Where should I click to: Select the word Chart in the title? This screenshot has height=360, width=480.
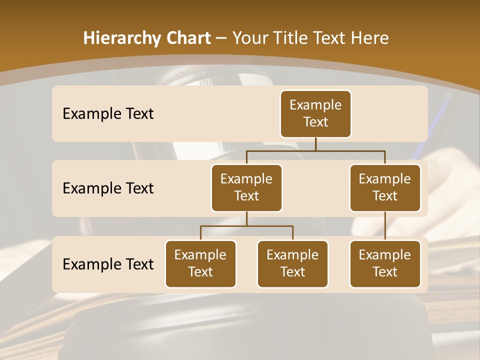(x=187, y=38)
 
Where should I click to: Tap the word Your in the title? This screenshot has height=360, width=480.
(x=250, y=38)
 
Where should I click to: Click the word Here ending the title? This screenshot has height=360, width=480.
(x=369, y=38)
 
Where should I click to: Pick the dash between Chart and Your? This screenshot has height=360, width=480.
(x=221, y=38)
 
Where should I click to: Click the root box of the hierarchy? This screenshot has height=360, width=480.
(x=315, y=114)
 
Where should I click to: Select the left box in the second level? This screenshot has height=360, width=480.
(x=246, y=188)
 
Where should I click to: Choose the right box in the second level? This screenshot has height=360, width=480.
(x=385, y=188)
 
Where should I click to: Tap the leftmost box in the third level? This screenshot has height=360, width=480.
(x=200, y=264)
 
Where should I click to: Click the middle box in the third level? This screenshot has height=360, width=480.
(x=292, y=264)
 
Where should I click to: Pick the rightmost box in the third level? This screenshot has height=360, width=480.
(x=385, y=264)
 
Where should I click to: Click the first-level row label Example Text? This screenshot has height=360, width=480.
(x=108, y=114)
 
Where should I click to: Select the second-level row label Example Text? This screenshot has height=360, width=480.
(x=108, y=188)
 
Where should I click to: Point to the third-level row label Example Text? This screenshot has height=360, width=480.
(x=108, y=264)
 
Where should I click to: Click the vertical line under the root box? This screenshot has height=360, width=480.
(x=315, y=144)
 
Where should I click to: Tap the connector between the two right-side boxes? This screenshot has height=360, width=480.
(x=385, y=226)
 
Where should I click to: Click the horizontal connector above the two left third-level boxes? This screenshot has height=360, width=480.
(x=246, y=226)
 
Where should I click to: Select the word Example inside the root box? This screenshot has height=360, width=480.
(x=315, y=105)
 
